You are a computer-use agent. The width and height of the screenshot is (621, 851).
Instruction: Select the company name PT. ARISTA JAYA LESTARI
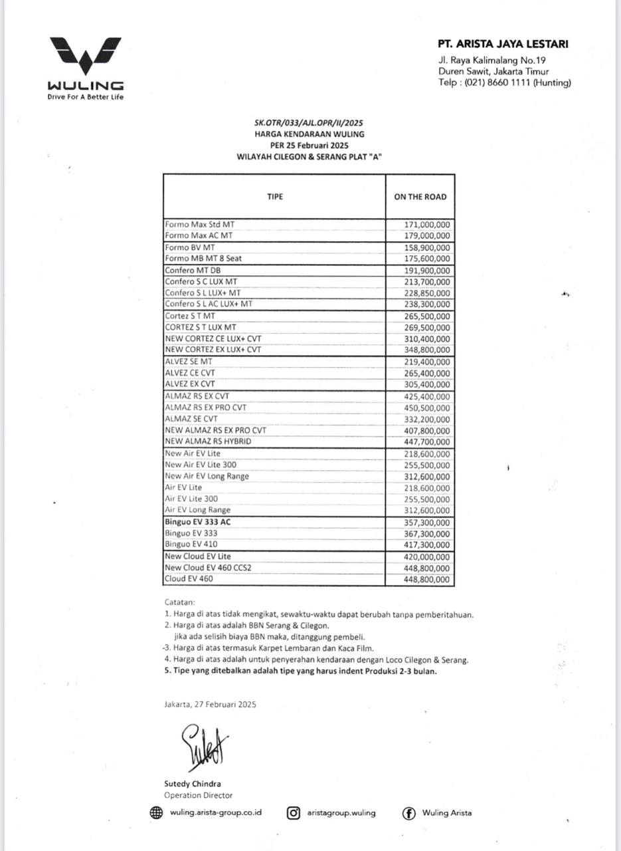(503, 45)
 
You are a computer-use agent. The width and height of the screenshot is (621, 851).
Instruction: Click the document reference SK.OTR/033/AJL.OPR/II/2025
(309, 123)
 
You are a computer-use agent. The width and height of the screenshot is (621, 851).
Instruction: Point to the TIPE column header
(275, 197)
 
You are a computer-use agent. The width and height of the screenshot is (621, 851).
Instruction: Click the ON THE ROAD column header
(420, 197)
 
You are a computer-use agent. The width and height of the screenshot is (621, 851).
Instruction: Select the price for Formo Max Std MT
(427, 225)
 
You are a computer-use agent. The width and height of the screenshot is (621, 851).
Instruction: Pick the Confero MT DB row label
(193, 271)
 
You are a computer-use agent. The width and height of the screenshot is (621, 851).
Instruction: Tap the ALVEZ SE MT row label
(189, 362)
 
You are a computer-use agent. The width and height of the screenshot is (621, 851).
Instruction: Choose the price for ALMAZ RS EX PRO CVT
(427, 408)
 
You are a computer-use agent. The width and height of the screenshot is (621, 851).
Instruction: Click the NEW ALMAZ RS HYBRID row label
(208, 441)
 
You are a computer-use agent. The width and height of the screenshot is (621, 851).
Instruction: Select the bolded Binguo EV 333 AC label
(198, 522)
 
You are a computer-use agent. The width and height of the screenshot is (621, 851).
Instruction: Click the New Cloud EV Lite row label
(198, 556)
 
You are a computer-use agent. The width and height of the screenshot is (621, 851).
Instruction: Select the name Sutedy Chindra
(193, 784)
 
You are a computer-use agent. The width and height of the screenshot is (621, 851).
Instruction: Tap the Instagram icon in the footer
(294, 812)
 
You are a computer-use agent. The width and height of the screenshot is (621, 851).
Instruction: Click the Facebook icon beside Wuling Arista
(409, 812)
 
